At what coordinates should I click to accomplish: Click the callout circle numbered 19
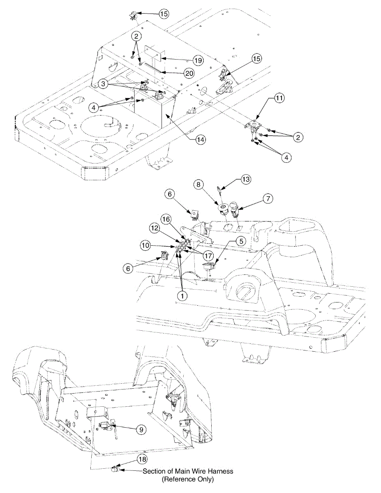point(198,60)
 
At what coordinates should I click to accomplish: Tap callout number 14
point(200,139)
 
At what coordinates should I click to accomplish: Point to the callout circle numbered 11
point(279,98)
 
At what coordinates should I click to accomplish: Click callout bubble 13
point(246,180)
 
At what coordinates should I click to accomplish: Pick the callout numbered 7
point(268,199)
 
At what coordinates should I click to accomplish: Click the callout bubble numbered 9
point(141,429)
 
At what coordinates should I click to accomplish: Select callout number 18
point(142,459)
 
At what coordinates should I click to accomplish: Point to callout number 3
point(104,84)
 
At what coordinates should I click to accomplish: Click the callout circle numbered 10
point(146,246)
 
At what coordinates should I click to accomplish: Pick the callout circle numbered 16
point(166,220)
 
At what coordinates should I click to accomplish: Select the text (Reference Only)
point(188,479)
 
